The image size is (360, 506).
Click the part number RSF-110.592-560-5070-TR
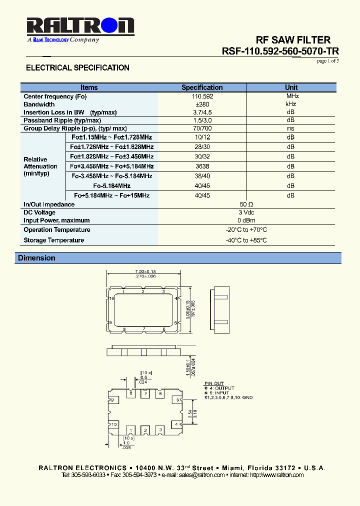[x=280, y=51]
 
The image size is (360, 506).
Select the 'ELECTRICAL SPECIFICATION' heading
[x=77, y=67]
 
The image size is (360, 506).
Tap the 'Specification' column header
[x=202, y=87]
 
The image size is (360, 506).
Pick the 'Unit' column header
[x=291, y=87]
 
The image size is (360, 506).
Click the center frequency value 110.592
[x=202, y=96]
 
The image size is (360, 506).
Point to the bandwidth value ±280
[x=202, y=104]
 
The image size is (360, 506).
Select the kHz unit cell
[x=291, y=104]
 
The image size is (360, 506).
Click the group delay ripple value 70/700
[x=202, y=128]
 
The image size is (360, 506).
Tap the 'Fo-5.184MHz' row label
[x=112, y=185]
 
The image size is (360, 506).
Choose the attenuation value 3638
[x=202, y=166]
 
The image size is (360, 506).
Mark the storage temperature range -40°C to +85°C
[x=246, y=240]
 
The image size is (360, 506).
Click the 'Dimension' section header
[x=36, y=258]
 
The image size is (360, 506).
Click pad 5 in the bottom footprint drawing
[x=177, y=399]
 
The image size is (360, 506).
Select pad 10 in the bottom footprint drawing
[x=114, y=424]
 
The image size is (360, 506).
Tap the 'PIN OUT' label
[x=214, y=383]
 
